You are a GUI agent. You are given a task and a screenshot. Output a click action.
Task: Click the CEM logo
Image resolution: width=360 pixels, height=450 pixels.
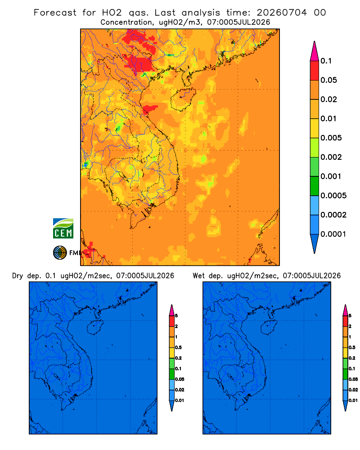pyautogui.click(x=63, y=228)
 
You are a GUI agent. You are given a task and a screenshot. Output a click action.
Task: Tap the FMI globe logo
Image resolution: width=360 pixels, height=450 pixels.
pyautogui.click(x=60, y=252)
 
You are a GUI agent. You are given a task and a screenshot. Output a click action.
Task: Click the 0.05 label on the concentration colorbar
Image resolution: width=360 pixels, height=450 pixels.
pyautogui.click(x=328, y=80)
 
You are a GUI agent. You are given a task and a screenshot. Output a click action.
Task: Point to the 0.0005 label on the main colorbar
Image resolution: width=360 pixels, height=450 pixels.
pyautogui.click(x=333, y=195)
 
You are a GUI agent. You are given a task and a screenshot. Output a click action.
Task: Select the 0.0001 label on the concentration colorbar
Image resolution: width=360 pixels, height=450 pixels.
pyautogui.click(x=333, y=234)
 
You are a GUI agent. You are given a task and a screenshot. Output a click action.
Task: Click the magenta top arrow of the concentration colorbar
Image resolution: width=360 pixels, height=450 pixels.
pyautogui.click(x=315, y=51)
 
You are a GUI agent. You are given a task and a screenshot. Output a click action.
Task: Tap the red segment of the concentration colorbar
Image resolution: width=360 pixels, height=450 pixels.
pyautogui.click(x=315, y=71)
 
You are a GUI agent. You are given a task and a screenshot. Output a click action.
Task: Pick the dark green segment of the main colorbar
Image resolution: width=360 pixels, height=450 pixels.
pyautogui.click(x=315, y=186)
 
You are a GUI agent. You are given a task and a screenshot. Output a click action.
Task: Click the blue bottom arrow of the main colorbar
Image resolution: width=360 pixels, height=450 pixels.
pyautogui.click(x=315, y=243)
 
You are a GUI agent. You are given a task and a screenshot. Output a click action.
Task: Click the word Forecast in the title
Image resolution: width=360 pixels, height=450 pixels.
pyautogui.click(x=55, y=13)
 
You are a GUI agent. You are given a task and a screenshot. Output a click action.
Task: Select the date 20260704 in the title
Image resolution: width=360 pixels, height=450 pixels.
pyautogui.click(x=282, y=13)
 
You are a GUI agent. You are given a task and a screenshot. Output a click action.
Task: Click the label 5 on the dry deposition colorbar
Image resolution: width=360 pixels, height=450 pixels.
pyautogui.click(x=176, y=316)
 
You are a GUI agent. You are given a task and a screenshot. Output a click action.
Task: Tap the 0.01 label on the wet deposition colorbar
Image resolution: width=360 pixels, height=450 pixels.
pyautogui.click(x=353, y=400)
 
